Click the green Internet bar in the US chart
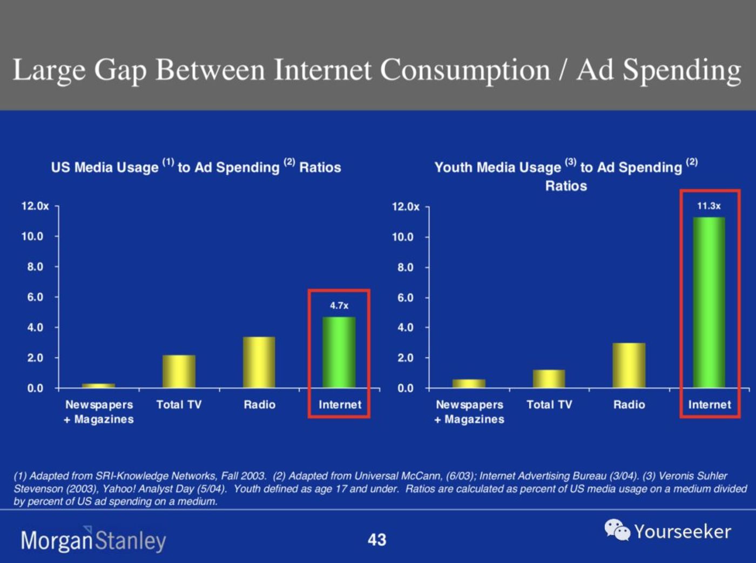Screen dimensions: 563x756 click(339, 352)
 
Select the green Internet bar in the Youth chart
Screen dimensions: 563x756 click(709, 303)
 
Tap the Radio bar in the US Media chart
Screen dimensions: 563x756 click(259, 363)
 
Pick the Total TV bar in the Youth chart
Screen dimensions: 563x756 click(549, 379)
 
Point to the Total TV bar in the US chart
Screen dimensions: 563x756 click(179, 372)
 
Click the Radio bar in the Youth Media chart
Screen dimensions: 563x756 click(629, 365)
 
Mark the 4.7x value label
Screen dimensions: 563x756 click(339, 306)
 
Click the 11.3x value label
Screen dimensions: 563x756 click(708, 206)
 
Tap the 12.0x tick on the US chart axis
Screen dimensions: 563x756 click(35, 206)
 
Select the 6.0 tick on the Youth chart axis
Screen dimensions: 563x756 click(406, 298)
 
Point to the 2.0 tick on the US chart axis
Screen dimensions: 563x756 click(35, 358)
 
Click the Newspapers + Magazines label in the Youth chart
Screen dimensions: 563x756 click(470, 412)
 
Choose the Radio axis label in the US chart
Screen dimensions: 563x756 click(259, 405)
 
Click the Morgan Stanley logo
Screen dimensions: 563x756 click(93, 540)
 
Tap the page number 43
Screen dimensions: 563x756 click(377, 540)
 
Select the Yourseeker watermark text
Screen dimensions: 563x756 click(683, 532)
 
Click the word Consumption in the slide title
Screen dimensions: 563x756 click(465, 70)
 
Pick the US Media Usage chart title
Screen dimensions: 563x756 click(196, 167)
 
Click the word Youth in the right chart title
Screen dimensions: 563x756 click(453, 167)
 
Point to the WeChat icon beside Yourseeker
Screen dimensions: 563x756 click(617, 530)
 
